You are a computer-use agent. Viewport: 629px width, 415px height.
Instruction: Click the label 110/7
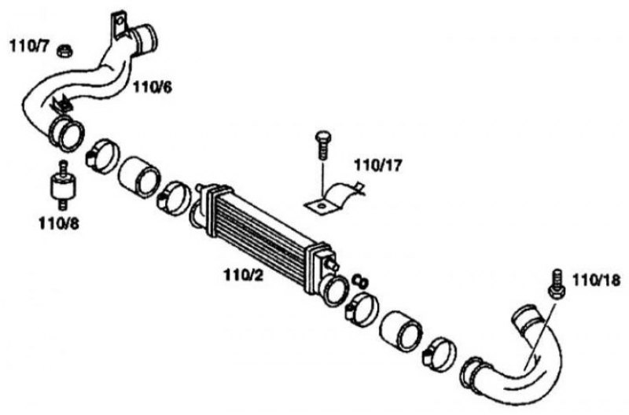click(x=29, y=46)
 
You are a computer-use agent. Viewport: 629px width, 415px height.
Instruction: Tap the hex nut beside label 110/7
click(x=64, y=50)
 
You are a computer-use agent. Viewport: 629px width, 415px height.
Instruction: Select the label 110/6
click(x=152, y=86)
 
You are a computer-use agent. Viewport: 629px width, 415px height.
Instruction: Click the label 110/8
click(x=58, y=223)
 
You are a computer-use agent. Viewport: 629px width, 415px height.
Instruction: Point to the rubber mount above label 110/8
click(x=63, y=185)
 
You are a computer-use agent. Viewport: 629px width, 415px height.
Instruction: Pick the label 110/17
click(x=377, y=165)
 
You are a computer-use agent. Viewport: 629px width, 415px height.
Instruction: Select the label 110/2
click(x=244, y=275)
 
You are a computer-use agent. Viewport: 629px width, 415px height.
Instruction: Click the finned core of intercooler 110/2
click(x=261, y=230)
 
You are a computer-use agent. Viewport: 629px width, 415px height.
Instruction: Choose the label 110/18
click(x=596, y=280)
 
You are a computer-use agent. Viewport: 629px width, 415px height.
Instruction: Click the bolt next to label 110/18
click(x=557, y=285)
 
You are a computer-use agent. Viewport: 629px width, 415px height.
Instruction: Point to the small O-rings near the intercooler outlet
click(x=360, y=281)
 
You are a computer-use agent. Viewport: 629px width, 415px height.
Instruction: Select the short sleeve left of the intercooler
click(x=139, y=177)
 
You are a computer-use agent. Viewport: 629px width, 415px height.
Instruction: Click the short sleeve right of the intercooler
click(x=401, y=330)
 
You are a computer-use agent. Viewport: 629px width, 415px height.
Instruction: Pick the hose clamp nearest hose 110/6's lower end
click(x=102, y=156)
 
